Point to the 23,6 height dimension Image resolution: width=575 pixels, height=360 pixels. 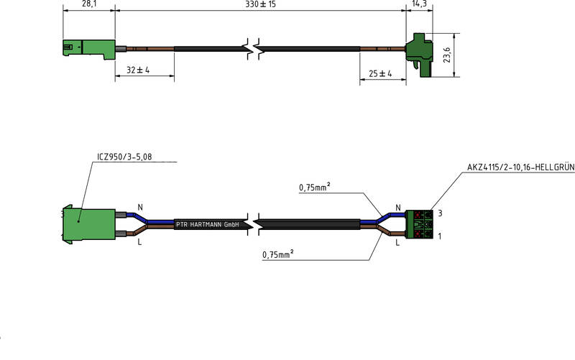coord(446,55)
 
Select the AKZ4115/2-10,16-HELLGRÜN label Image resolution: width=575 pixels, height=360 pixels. coord(520,168)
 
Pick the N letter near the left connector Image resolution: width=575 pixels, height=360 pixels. coord(139,208)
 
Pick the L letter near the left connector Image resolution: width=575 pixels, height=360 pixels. coord(139,242)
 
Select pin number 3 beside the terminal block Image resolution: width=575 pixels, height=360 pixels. coord(439,213)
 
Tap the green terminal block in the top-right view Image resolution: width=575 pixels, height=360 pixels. coord(419,52)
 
